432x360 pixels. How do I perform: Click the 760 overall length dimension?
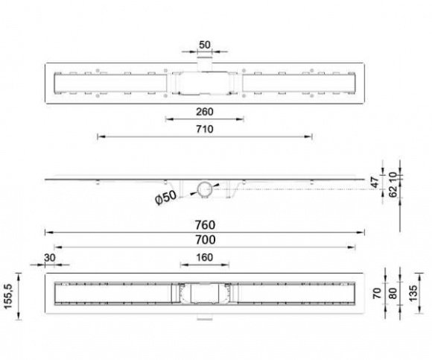[205, 225]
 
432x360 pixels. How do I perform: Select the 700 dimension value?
[206, 240]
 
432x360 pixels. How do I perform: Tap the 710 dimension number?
[205, 129]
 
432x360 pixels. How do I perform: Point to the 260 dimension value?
[205, 112]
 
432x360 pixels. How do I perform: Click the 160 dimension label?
[204, 257]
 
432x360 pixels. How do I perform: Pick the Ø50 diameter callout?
[165, 198]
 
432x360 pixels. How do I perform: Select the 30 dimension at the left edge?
[50, 258]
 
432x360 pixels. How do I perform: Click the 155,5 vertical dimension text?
[9, 297]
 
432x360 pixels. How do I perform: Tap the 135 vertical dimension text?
[413, 294]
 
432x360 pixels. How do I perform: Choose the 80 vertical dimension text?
[393, 294]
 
